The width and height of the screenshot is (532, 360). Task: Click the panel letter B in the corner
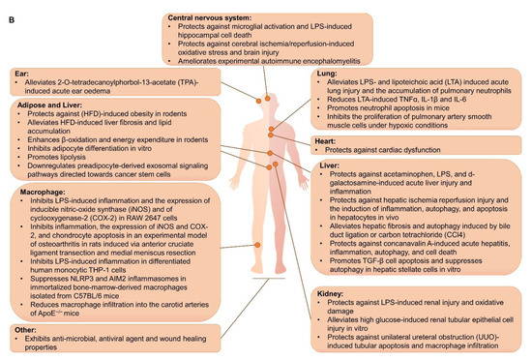click(x=8, y=8)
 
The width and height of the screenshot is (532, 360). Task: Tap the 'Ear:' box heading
click(x=18, y=74)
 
